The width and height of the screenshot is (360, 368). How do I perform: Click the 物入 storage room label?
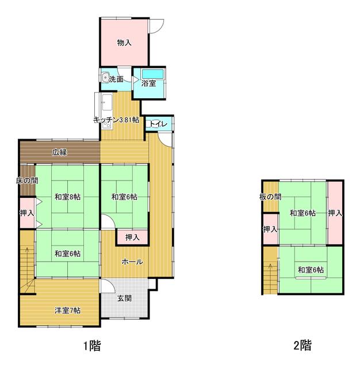[124, 43]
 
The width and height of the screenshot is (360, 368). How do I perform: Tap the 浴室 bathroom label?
[149, 83]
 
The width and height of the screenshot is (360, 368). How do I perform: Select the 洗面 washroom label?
[116, 79]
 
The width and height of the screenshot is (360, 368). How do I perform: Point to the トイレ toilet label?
[158, 124]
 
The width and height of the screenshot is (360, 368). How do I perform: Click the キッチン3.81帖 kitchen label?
[117, 120]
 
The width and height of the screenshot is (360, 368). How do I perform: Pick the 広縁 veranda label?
[59, 152]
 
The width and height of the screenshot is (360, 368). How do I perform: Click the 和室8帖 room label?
[67, 197]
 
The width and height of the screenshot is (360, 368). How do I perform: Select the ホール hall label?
[132, 262]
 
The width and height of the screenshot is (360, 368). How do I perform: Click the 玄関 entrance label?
[124, 298]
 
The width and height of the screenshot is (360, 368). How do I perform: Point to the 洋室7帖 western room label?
[67, 311]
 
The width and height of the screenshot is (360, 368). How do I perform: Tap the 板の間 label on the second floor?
[270, 197]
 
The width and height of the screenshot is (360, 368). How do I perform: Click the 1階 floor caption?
[91, 346]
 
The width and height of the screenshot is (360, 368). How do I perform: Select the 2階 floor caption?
[302, 346]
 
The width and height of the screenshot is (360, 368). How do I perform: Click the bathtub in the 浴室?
[152, 74]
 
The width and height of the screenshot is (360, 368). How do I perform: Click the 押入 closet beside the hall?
[132, 237]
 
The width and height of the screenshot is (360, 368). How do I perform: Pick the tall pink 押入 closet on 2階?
[335, 213]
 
